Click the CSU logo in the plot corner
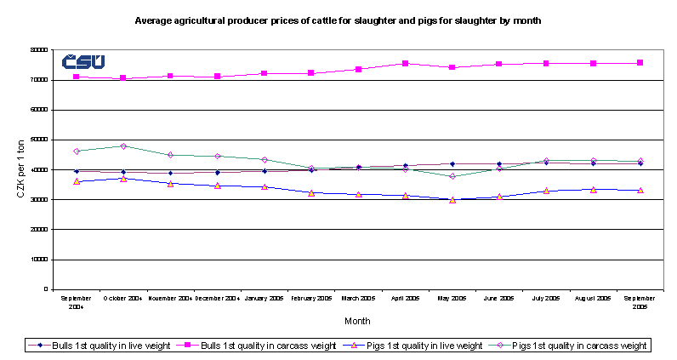click(83, 61)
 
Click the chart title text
click(338, 19)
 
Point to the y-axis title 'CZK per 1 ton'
click(20, 169)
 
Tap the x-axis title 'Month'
click(357, 321)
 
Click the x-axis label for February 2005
click(311, 299)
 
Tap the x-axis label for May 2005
click(452, 299)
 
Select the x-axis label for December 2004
click(218, 299)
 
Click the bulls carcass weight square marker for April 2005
click(406, 64)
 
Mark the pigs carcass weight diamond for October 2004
click(123, 146)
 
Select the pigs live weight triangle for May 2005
click(452, 200)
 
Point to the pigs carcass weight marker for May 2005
click(452, 176)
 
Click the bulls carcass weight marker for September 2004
click(77, 77)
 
